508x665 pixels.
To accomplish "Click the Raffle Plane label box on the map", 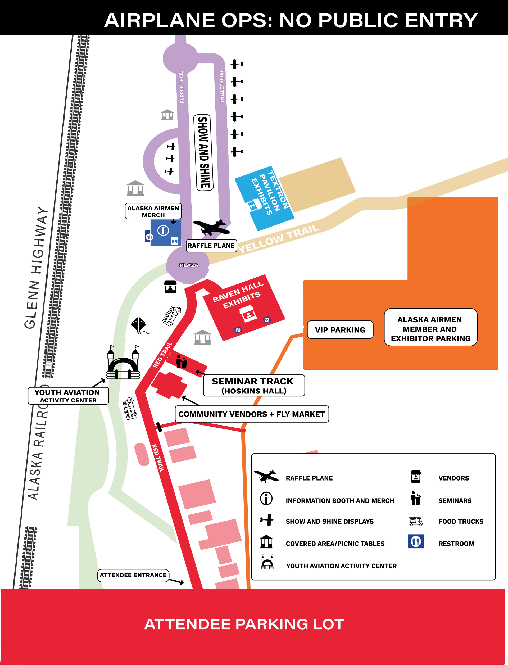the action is [211, 246].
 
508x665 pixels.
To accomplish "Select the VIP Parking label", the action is [340, 330].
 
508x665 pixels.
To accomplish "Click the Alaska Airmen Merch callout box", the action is [153, 211].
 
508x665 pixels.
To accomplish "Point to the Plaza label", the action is [189, 265].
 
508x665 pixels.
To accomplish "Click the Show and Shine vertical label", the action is [203, 152].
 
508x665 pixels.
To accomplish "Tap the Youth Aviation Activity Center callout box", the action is [68, 396].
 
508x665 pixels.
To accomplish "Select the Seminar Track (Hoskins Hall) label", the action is [254, 386].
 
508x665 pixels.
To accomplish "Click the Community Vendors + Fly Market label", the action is [252, 414].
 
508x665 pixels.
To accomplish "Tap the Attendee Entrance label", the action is [133, 575].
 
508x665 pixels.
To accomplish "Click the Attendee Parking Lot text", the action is [244, 625].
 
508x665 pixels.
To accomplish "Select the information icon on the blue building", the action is [163, 230].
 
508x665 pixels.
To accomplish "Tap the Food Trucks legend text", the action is [461, 521].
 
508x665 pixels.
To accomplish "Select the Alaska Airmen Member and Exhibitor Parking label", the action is [430, 329].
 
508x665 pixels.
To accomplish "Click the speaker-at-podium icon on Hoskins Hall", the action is [182, 362].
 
